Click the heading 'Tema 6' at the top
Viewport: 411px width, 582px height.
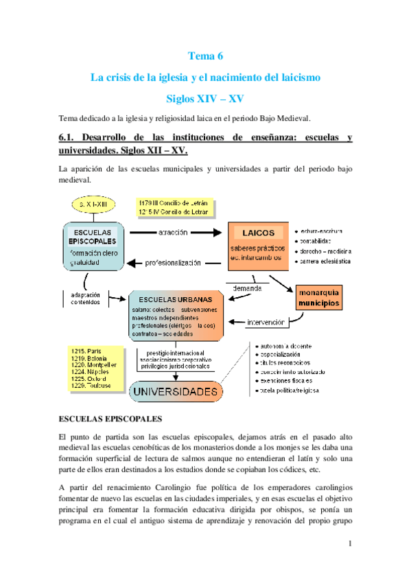click(x=205, y=56)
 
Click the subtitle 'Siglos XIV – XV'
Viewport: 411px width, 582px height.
click(x=205, y=99)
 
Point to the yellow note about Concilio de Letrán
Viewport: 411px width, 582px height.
click(x=176, y=207)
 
